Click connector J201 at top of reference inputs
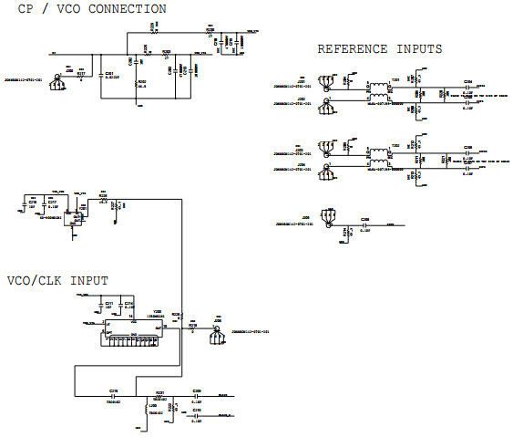coord(324,84)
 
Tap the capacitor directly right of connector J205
coord(365,224)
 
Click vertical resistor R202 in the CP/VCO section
coord(139,87)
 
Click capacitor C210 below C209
coord(197,416)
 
